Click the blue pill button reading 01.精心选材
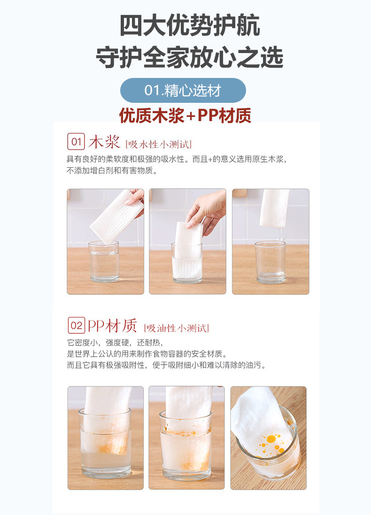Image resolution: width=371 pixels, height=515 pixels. click(x=183, y=90)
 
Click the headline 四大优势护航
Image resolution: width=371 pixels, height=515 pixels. click(x=189, y=26)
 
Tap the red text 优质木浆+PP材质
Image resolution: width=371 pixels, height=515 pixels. click(x=185, y=115)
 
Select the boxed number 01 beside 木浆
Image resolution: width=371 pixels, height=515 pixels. click(x=76, y=141)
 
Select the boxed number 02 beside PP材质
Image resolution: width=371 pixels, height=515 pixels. click(x=76, y=325)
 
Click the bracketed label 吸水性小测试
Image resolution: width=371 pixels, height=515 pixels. click(x=158, y=144)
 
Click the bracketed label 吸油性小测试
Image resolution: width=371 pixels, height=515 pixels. click(x=177, y=328)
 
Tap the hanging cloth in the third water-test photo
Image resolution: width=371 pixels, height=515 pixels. click(x=275, y=207)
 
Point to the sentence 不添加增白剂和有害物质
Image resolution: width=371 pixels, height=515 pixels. click(x=112, y=171)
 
